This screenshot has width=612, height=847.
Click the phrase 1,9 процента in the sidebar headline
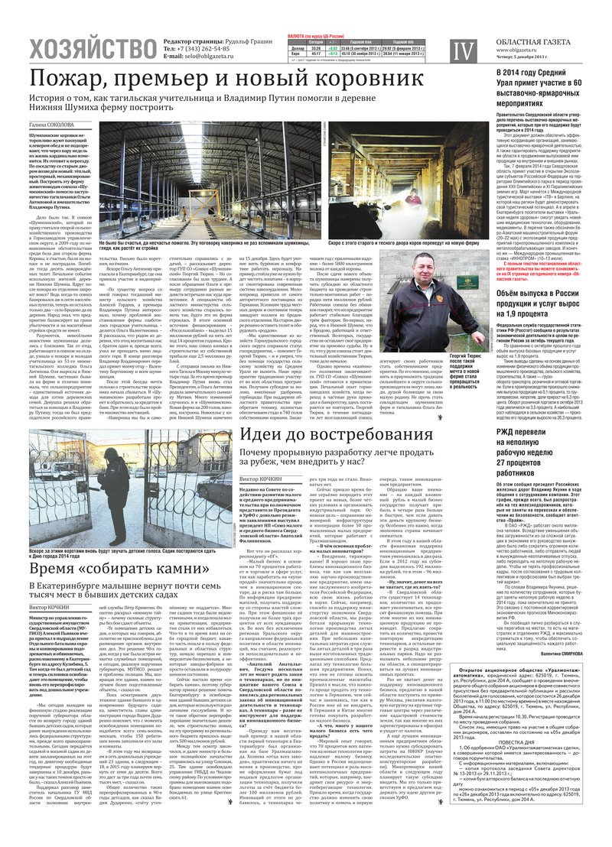point(522,313)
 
